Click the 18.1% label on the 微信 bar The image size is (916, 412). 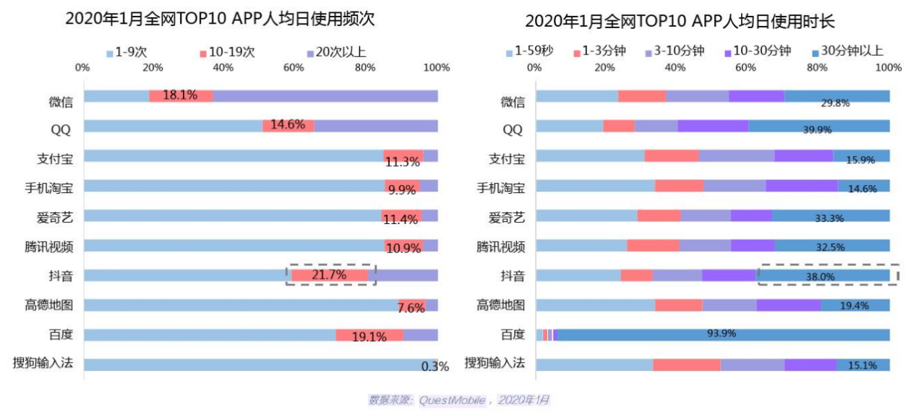[x=181, y=96]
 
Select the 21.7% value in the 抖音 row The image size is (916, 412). [x=329, y=275]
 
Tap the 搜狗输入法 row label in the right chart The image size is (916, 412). [x=495, y=363]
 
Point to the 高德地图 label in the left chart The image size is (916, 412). [x=49, y=305]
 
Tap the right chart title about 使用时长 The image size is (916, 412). [x=680, y=20]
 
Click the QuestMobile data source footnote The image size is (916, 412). [x=459, y=400]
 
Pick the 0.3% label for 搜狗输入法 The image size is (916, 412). [x=435, y=366]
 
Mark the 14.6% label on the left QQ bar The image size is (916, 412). [x=288, y=125]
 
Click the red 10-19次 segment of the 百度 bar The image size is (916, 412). [x=369, y=335]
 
